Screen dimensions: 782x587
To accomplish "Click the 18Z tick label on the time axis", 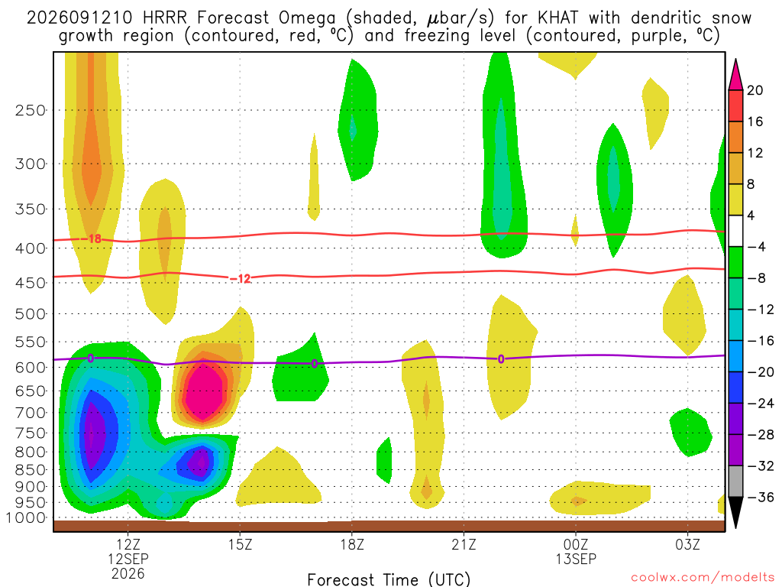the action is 352,544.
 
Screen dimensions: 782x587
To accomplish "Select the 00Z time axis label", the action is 576,544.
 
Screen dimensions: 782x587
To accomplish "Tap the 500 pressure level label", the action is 31,314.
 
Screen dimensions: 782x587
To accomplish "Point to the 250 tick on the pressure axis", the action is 31,110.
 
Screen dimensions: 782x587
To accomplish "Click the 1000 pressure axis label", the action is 26,517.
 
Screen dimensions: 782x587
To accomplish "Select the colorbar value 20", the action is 755,90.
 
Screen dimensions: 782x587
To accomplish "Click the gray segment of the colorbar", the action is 735,482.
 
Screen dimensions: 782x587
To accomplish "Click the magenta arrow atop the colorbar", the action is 735,74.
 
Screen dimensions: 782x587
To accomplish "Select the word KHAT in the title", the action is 558,18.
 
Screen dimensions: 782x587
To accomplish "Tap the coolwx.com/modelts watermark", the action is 703,578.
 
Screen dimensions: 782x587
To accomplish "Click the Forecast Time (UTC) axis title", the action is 389,579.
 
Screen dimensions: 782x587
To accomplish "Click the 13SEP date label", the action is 576,559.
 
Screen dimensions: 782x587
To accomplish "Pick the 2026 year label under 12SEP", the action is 128,573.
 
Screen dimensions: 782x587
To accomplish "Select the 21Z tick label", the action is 464,544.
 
